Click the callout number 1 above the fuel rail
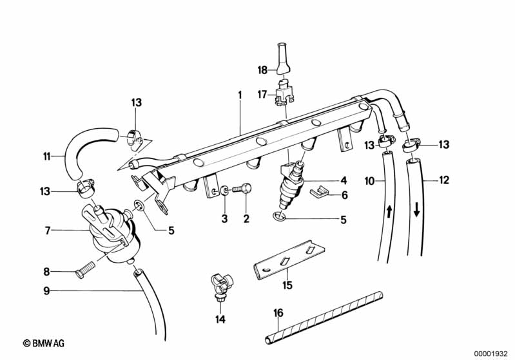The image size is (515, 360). pyautogui.click(x=239, y=95)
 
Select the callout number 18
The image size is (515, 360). pyautogui.click(x=262, y=69)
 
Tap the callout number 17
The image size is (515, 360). pyautogui.click(x=262, y=95)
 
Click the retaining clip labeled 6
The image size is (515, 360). pyautogui.click(x=318, y=191)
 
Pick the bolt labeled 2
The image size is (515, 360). pyautogui.click(x=244, y=189)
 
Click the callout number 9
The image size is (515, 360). pyautogui.click(x=46, y=290)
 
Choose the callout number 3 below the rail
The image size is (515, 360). pyautogui.click(x=224, y=219)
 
